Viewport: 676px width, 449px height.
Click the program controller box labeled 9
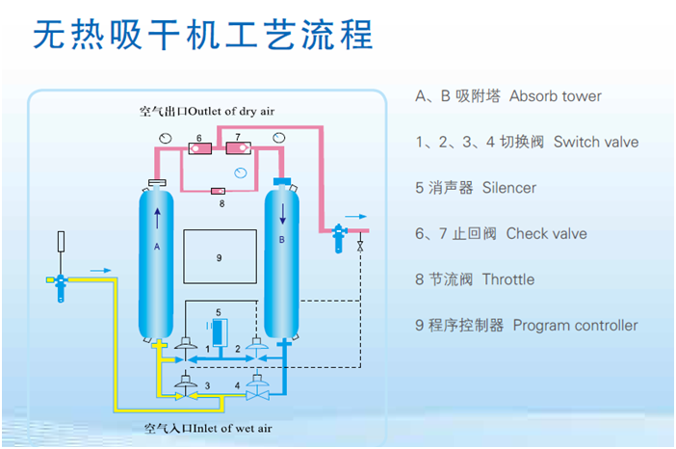coord(220,258)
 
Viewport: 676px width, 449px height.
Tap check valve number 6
coord(199,149)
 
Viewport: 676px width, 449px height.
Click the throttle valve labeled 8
coord(219,191)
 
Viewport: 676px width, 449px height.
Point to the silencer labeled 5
coord(219,330)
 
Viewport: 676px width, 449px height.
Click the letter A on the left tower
coord(156,246)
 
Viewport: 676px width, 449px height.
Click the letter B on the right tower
coord(281,239)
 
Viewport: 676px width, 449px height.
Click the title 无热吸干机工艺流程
coord(202,35)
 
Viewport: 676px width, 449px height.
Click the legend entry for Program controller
coord(526,326)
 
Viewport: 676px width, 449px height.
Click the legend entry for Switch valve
coord(526,142)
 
